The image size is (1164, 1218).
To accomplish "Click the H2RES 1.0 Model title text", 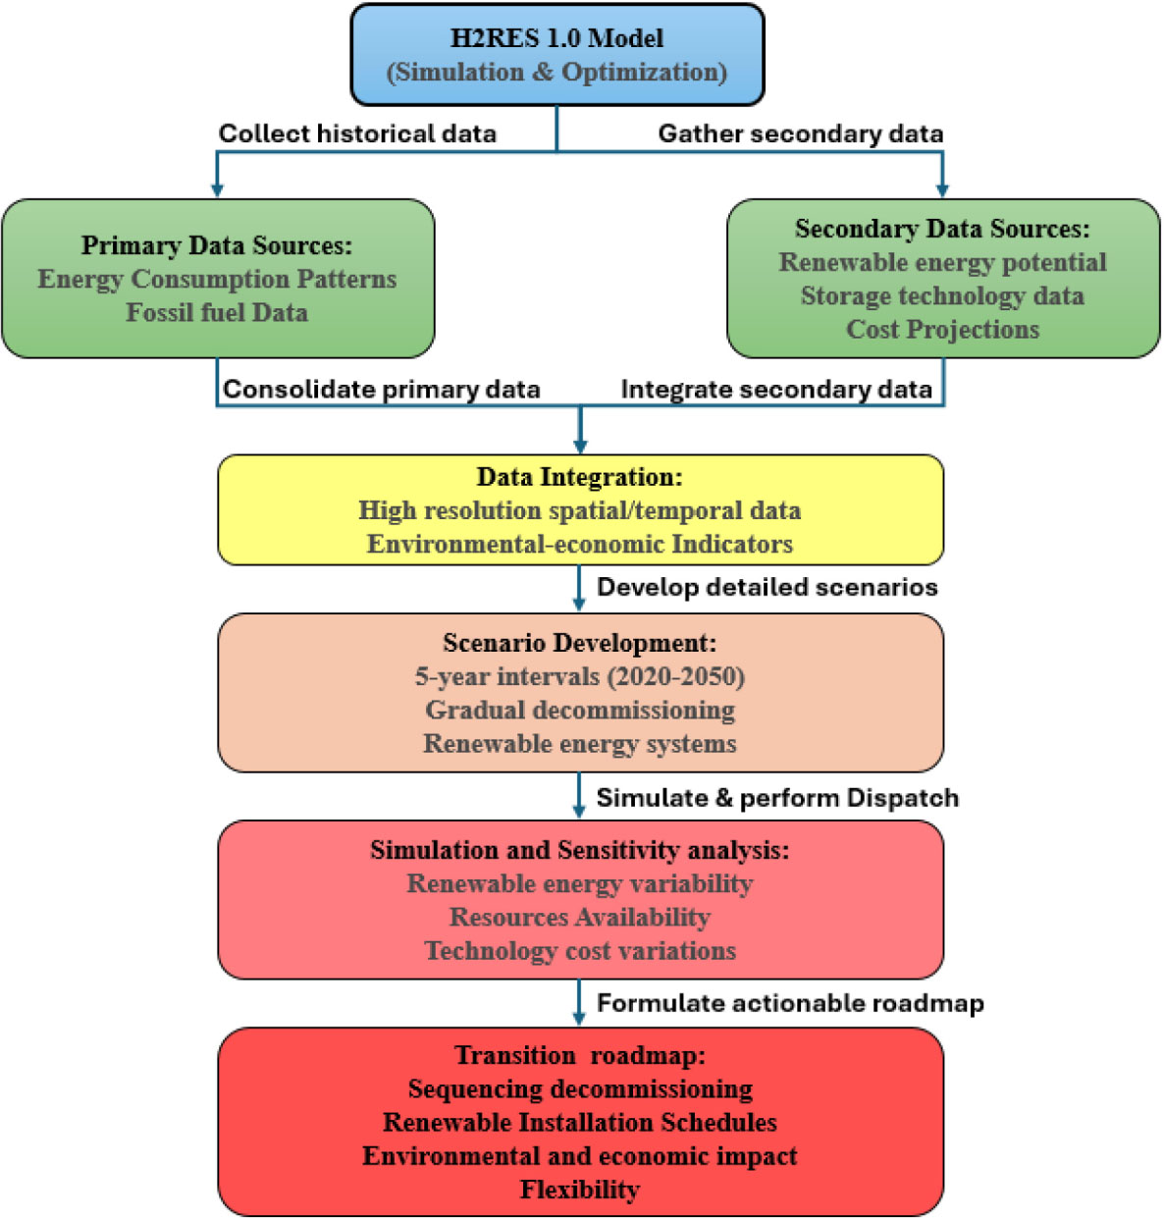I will coord(556,38).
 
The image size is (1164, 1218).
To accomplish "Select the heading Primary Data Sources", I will coord(216,245).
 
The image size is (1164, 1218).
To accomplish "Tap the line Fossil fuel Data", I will coord(217,312).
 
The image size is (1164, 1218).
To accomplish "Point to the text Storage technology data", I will coord(942,295).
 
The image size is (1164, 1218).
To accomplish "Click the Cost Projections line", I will coord(942,329).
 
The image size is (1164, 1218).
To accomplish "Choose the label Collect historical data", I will coord(357,133).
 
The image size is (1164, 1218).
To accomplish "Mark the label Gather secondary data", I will coord(800,133).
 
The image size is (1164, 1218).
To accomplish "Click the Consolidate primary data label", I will coord(381,390).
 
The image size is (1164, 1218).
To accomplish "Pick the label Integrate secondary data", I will coord(775,390).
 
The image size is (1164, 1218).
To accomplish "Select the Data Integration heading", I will coord(579,477).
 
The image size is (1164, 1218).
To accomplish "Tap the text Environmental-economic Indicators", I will coord(579,544).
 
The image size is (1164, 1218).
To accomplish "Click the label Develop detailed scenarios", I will coord(767,587).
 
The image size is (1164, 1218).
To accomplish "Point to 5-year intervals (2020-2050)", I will coord(579,676).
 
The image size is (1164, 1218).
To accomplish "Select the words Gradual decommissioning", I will coord(579,710).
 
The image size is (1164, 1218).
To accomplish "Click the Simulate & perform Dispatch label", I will coord(777,798).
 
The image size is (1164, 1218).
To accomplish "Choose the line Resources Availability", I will coord(579,917).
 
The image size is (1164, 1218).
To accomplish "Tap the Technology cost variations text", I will coord(579,950).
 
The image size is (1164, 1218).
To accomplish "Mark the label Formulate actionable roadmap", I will coord(790,1003).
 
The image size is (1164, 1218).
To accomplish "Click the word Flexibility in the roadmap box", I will coord(579,1190).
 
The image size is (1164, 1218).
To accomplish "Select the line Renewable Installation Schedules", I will coord(579,1122).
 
